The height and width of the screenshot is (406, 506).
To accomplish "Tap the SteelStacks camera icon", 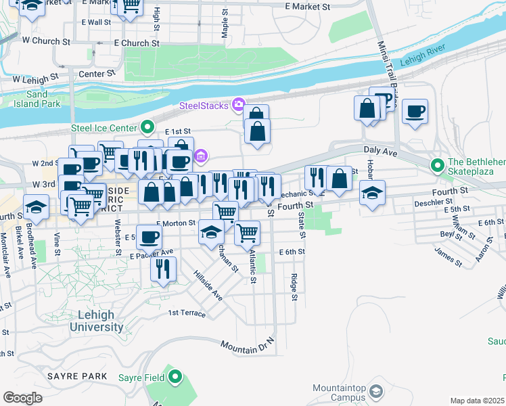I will click(238, 105).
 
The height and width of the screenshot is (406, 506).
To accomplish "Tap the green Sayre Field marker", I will click(175, 377).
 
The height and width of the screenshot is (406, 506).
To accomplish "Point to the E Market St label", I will click(307, 7).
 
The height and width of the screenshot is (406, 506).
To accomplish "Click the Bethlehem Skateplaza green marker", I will click(438, 164).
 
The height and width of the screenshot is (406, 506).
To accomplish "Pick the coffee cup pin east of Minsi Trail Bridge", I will click(415, 111).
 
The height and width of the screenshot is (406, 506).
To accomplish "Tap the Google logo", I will click(22, 399).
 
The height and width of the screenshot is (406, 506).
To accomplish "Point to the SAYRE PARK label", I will click(77, 376).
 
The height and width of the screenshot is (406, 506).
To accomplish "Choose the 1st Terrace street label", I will click(187, 313).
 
